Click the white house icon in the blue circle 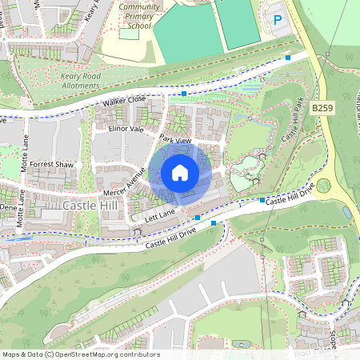pos(179,172)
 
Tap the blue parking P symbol pos(278,20)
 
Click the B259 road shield pos(322,107)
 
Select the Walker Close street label pos(124,101)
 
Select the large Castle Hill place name pos(90,206)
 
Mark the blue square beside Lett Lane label pos(198,217)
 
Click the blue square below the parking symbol pos(288,57)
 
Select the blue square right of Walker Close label pos(184,94)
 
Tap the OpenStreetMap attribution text pos(80,354)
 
